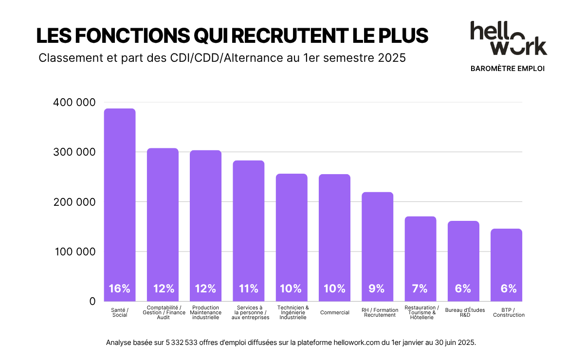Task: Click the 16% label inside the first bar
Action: click(x=120, y=288)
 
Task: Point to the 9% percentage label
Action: click(x=377, y=288)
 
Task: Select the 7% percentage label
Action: click(x=420, y=288)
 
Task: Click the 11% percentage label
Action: click(x=248, y=288)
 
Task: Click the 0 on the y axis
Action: click(x=92, y=302)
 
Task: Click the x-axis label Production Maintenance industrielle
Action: click(x=205, y=312)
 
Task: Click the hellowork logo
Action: click(x=508, y=38)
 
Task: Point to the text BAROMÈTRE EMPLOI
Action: click(x=508, y=69)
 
